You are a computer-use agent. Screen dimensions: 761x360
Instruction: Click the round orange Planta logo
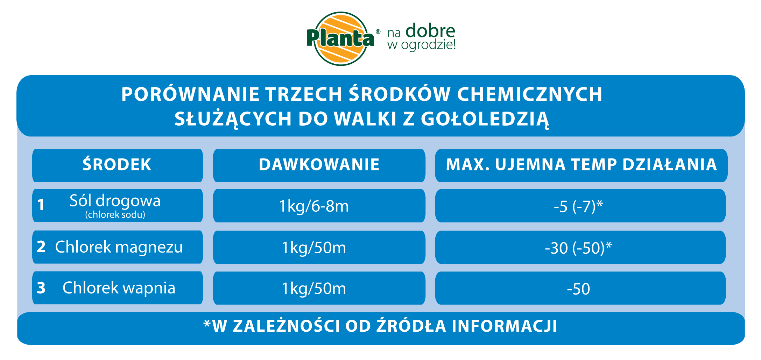[341, 38]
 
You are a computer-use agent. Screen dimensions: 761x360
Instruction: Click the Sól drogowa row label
[115, 201]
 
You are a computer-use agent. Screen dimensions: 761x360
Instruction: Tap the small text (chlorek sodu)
[115, 214]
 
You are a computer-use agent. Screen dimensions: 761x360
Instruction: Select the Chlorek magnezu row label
[119, 247]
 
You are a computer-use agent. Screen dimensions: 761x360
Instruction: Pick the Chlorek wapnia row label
[119, 288]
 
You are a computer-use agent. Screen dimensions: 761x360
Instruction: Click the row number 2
[41, 247]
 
